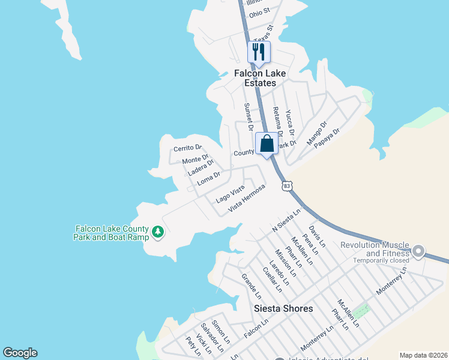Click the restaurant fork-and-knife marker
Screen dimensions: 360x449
259,52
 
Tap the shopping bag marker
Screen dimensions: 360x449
267,144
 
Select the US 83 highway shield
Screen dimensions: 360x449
287,187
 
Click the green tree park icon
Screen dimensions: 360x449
158,232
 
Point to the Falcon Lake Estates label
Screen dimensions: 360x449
259,78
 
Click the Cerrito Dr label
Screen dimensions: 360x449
187,148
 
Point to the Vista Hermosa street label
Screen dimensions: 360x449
247,197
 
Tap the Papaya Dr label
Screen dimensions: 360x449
327,140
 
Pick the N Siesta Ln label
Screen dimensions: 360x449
286,221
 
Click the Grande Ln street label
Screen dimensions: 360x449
251,286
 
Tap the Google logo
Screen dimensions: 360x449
20,353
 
